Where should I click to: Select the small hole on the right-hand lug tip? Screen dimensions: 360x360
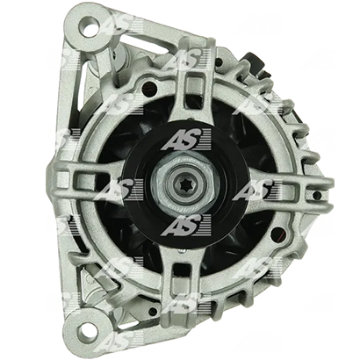coord(316,195)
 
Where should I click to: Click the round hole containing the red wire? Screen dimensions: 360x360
coord(277,234)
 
